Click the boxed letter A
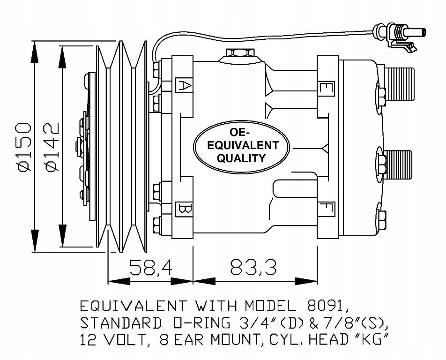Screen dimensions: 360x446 (x=184, y=85)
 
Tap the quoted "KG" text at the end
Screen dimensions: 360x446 (x=375, y=340)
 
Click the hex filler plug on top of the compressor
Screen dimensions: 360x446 (x=238, y=52)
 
